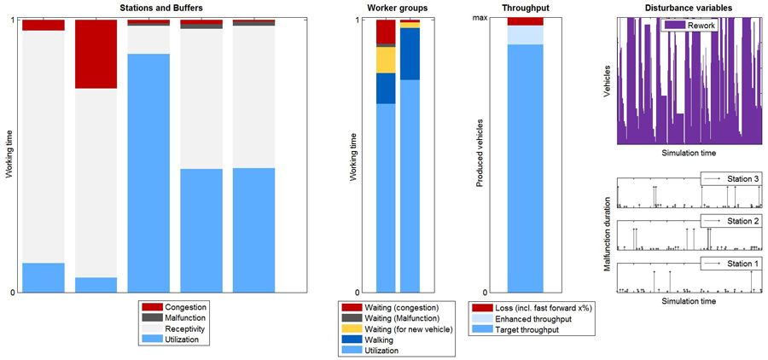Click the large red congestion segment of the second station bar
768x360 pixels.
pyautogui.click(x=96, y=54)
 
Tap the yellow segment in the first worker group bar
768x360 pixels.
pyautogui.click(x=386, y=60)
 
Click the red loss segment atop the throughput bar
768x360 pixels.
pyautogui.click(x=525, y=21)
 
